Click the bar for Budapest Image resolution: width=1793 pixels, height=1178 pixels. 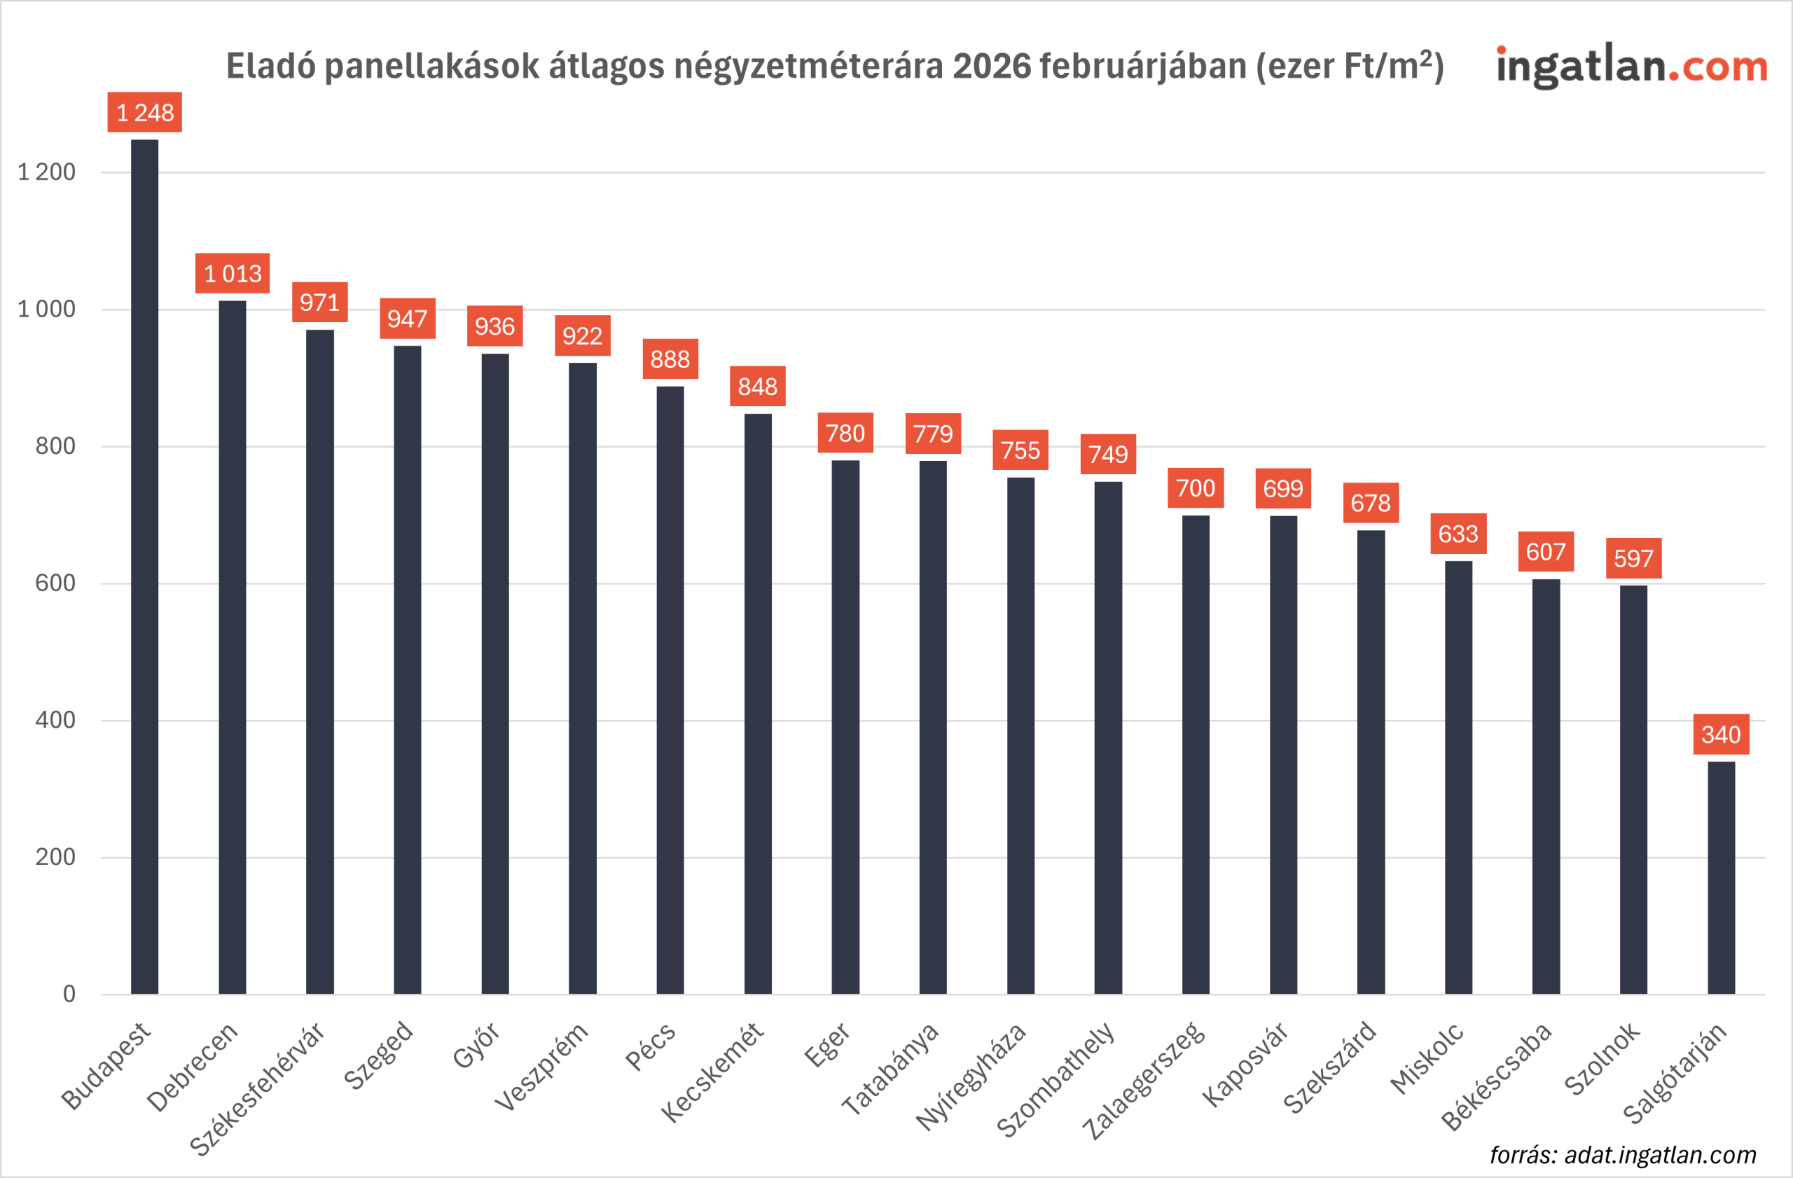(x=145, y=565)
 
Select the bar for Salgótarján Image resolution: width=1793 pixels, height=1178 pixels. (x=1721, y=878)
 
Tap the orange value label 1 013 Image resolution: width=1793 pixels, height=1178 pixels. (x=232, y=273)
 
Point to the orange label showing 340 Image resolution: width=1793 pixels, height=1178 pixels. (x=1721, y=735)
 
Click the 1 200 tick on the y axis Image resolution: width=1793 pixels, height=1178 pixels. (x=47, y=172)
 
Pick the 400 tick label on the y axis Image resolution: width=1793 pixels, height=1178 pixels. (x=55, y=720)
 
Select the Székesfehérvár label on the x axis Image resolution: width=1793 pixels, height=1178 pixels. (x=258, y=1088)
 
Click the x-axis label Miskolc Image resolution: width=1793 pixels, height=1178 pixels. (x=1427, y=1058)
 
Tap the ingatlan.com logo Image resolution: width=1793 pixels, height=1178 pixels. (x=1632, y=67)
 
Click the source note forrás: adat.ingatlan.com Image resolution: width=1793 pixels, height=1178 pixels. (x=1623, y=1155)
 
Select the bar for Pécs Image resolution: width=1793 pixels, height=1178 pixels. (x=670, y=689)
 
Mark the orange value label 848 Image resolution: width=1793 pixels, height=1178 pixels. (x=757, y=387)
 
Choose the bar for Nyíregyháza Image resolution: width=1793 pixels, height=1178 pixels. (x=1020, y=735)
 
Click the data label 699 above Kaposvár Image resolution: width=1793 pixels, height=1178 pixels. (x=1283, y=489)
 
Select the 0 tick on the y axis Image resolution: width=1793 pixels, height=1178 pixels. (x=69, y=995)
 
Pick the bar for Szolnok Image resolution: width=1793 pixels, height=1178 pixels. (x=1633, y=789)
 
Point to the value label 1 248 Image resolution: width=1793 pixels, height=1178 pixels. (x=145, y=112)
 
